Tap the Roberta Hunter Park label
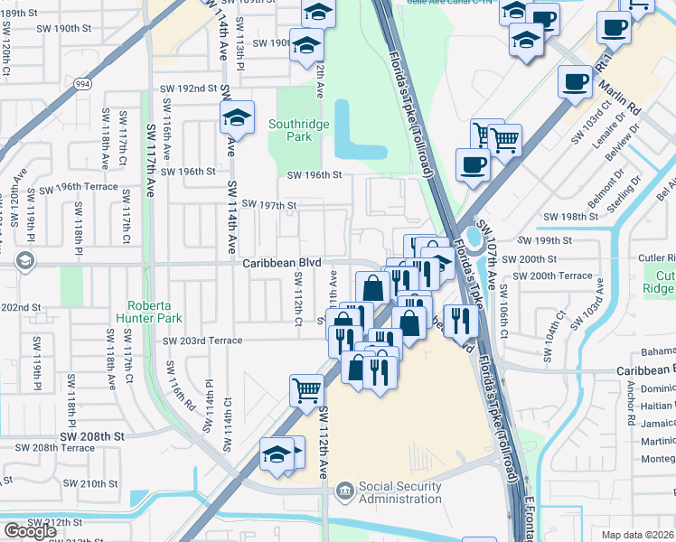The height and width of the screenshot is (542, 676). [x=148, y=311]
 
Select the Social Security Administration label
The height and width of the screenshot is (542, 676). [x=399, y=492]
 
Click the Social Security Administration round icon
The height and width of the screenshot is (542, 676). [x=344, y=492]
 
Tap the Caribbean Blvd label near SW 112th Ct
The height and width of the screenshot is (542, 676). [x=282, y=263]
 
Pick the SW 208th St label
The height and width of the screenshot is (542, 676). [x=98, y=435]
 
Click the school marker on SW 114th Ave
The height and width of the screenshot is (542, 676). [x=237, y=117]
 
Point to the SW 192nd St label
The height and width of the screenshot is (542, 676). [x=189, y=89]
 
